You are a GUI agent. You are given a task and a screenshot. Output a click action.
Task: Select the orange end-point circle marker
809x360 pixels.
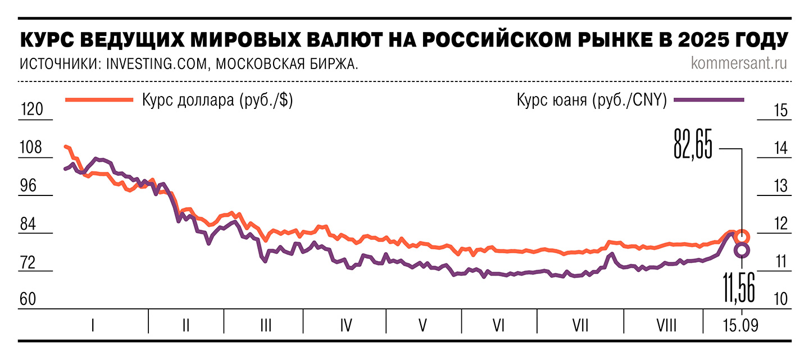coord(742,236)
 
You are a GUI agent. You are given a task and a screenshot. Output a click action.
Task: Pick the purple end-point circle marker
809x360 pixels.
coord(742,250)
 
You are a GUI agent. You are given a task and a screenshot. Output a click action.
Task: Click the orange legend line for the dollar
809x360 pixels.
coord(99,100)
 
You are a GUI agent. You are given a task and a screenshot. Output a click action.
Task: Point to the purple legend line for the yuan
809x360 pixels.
coord(709,100)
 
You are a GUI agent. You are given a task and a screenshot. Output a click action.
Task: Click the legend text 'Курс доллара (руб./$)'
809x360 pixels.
coord(217,101)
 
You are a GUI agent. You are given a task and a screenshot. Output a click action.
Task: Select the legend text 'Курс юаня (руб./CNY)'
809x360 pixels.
coord(591,101)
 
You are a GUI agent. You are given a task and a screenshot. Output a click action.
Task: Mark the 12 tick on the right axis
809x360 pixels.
coord(779,224)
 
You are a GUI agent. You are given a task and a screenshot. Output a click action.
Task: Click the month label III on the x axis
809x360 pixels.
coord(266,325)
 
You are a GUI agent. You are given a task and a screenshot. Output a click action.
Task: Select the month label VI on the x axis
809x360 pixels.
coord(498,325)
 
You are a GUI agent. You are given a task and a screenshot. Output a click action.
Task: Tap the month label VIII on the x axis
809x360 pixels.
coord(667,325)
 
